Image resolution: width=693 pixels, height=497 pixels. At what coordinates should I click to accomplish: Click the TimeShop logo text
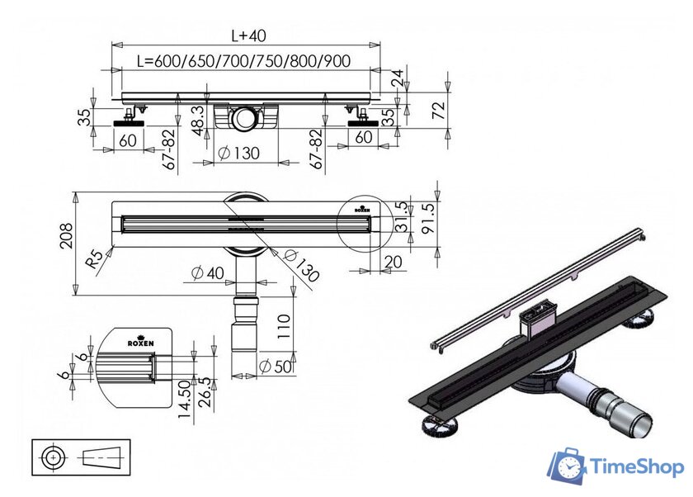click(636, 467)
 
